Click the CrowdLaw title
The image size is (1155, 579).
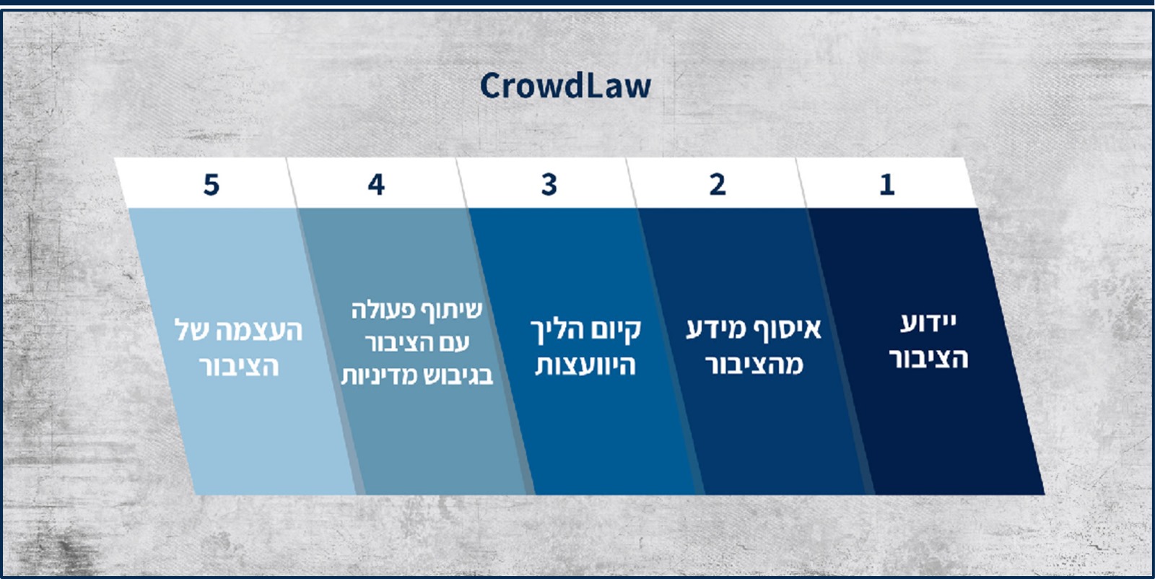click(566, 86)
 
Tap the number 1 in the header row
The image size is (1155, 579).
click(887, 185)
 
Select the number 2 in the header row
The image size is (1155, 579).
click(718, 185)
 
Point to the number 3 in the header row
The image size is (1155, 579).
click(549, 185)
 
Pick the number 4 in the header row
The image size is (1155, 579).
click(376, 185)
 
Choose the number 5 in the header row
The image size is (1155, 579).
click(212, 185)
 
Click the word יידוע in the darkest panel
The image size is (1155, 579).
click(928, 323)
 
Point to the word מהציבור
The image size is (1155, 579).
click(754, 365)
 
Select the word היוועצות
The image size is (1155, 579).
click(585, 365)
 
